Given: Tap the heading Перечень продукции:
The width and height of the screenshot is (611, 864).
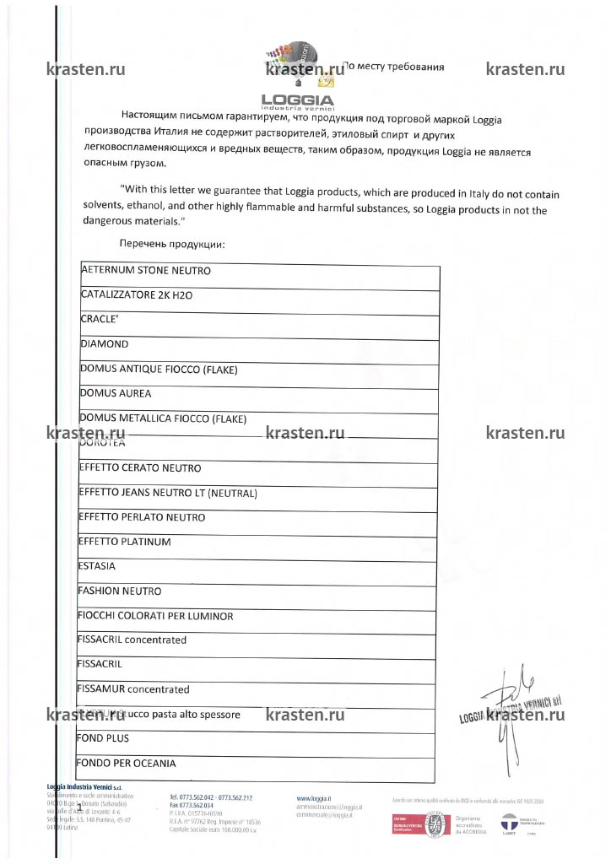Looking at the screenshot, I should tap(172, 243).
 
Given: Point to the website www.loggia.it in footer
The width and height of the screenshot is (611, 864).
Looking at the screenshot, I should tap(314, 797).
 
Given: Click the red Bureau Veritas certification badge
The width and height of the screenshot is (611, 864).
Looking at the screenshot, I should tap(403, 823).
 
